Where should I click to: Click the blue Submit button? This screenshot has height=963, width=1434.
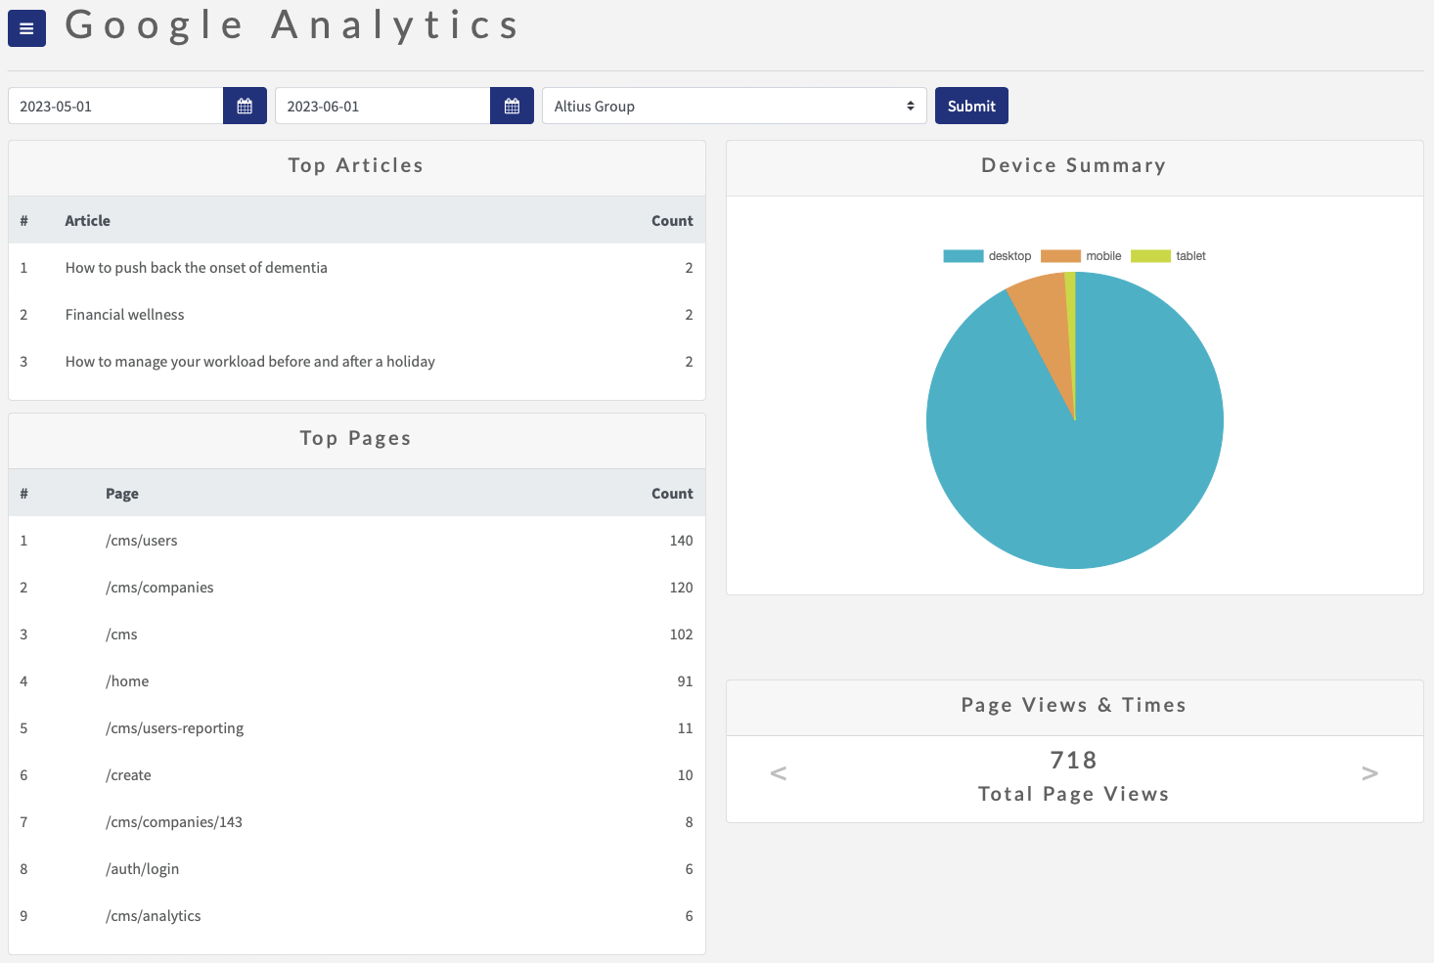pyautogui.click(x=971, y=106)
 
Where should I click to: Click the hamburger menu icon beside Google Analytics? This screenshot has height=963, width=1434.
pyautogui.click(x=26, y=28)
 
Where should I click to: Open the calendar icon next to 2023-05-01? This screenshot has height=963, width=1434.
pyautogui.click(x=245, y=106)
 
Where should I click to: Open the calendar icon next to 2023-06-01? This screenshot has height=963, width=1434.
pyautogui.click(x=512, y=106)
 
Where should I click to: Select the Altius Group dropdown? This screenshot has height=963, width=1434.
pyautogui.click(x=734, y=106)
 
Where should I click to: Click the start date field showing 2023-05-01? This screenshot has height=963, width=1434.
pyautogui.click(x=115, y=106)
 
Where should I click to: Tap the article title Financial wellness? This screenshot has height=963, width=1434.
pyautogui.click(x=124, y=315)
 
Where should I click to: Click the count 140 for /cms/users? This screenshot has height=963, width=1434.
pyautogui.click(x=681, y=541)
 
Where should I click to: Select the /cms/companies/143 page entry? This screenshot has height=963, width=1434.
pyautogui.click(x=174, y=822)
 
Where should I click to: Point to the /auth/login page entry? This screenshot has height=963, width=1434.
pyautogui.click(x=142, y=869)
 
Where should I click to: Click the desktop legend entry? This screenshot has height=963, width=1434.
pyautogui.click(x=988, y=256)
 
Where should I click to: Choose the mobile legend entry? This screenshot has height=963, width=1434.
pyautogui.click(x=1082, y=256)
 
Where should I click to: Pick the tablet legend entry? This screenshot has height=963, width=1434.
pyautogui.click(x=1169, y=256)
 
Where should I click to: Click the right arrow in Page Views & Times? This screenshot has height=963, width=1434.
pyautogui.click(x=1369, y=773)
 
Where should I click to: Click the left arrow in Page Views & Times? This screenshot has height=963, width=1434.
pyautogui.click(x=779, y=773)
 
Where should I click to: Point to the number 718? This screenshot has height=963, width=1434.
pyautogui.click(x=1073, y=760)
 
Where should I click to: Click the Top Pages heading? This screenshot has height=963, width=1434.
pyautogui.click(x=355, y=439)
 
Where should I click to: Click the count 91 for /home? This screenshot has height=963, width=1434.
pyautogui.click(x=685, y=681)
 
